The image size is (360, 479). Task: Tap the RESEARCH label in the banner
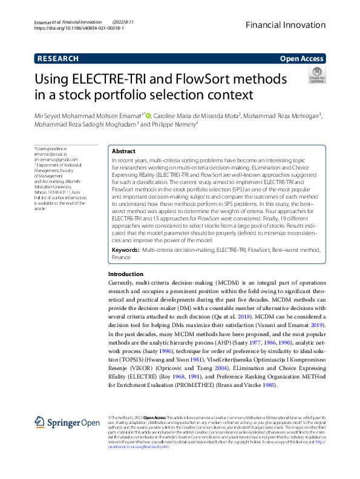pos(57,59)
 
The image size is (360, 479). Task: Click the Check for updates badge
pos(316,76)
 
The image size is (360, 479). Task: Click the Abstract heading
pos(124,151)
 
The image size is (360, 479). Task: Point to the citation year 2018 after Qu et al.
pos(226,317)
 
